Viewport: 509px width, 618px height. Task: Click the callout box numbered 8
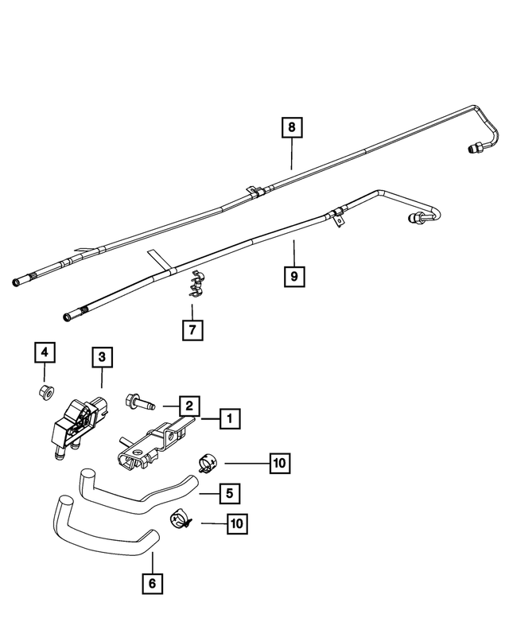tap(291, 127)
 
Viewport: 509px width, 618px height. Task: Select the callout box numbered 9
tap(293, 276)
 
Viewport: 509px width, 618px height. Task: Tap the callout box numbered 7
tap(192, 328)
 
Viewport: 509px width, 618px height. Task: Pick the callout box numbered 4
tap(44, 352)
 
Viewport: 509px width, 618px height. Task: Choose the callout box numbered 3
tap(102, 358)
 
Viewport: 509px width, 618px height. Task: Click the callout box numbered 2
tap(189, 406)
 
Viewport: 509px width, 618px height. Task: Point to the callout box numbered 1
tap(229, 418)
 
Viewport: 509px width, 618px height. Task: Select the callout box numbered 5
tap(229, 493)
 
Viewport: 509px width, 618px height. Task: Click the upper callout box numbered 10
tap(280, 461)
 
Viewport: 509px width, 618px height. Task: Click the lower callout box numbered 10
tap(235, 523)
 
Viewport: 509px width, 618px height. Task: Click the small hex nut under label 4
tap(45, 391)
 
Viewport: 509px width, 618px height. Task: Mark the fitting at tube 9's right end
tap(417, 219)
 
